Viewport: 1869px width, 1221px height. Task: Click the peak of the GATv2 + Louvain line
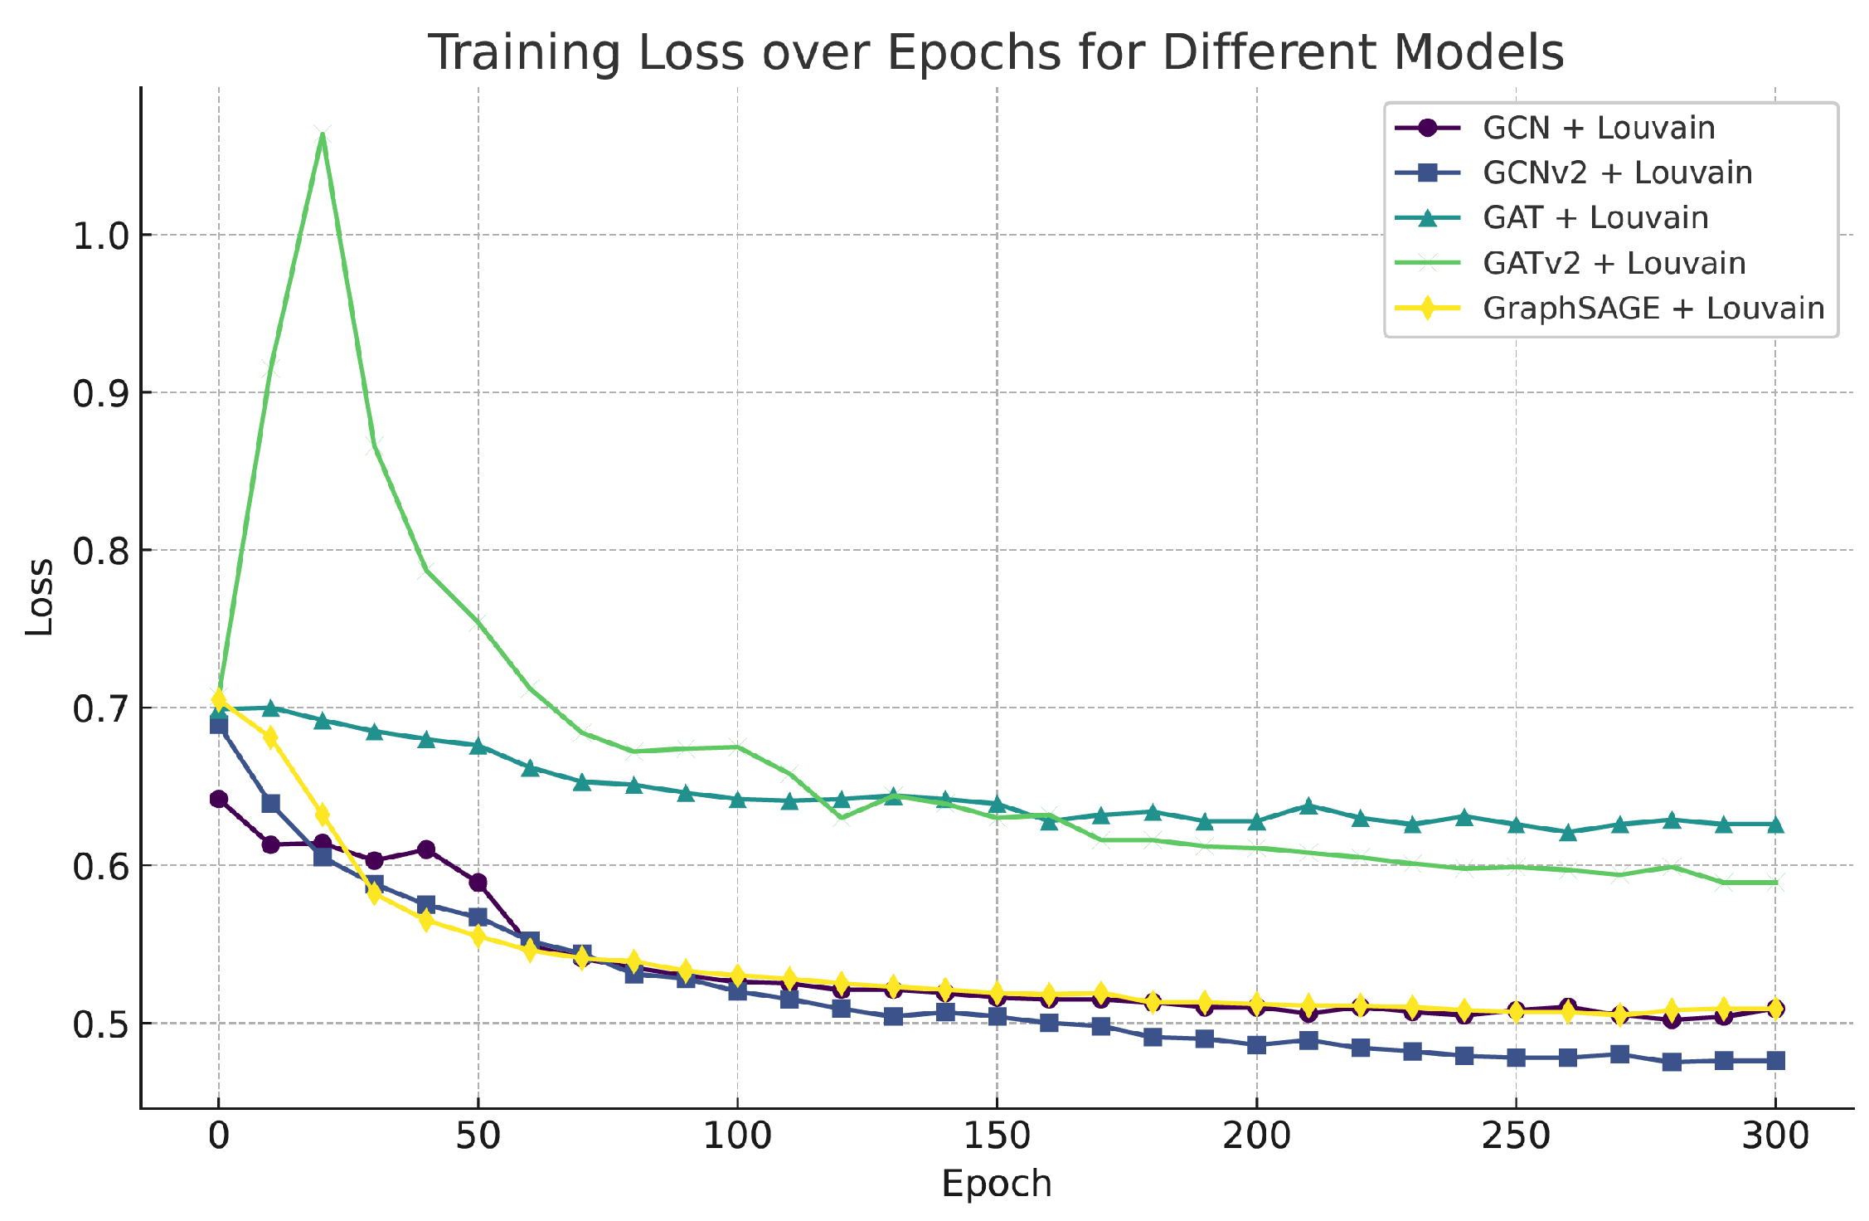[323, 134]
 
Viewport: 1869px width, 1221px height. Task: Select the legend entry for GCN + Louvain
[1598, 128]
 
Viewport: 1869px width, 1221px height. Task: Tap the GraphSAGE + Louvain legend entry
[1653, 308]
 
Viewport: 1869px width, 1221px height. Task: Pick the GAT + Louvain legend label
[1595, 217]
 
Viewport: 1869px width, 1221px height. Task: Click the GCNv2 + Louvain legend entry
[1617, 173]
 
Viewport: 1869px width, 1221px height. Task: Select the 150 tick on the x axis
[997, 1135]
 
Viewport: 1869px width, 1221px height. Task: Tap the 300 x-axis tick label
[1774, 1135]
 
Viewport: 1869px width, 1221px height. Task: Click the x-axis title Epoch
[996, 1183]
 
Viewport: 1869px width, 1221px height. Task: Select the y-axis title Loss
[38, 597]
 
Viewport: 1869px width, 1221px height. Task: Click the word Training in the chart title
[523, 52]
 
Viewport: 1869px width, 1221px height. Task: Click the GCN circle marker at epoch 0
[219, 799]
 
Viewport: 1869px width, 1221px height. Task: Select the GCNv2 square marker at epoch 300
[1775, 1060]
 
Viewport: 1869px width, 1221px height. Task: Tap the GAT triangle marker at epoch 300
[1775, 825]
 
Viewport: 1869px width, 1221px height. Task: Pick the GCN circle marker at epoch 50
[478, 882]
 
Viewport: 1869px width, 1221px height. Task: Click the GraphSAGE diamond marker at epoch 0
[219, 698]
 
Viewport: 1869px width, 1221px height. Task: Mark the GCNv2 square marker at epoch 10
[270, 803]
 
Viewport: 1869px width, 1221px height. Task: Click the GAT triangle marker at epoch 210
[1308, 805]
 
